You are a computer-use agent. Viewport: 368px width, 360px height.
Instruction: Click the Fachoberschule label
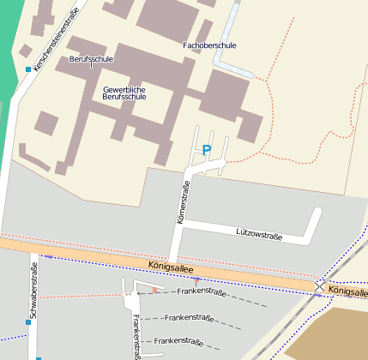(x=209, y=45)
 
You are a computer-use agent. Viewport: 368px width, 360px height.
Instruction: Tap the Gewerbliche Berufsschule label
(x=124, y=93)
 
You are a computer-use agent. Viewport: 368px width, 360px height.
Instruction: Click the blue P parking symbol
(x=206, y=149)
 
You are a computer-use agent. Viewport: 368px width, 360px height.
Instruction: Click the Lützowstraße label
(x=259, y=231)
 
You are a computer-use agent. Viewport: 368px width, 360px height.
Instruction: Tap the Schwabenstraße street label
(x=33, y=296)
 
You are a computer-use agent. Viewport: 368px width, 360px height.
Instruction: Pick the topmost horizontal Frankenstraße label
(x=201, y=292)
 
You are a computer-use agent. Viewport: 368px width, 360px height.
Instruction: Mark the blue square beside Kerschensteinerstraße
(x=28, y=69)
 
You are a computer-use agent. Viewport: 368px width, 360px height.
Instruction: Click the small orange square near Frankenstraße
(x=154, y=291)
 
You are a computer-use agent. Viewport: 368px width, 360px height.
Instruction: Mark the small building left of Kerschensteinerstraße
(x=25, y=51)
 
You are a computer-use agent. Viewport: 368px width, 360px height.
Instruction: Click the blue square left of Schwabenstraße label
(x=27, y=322)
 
